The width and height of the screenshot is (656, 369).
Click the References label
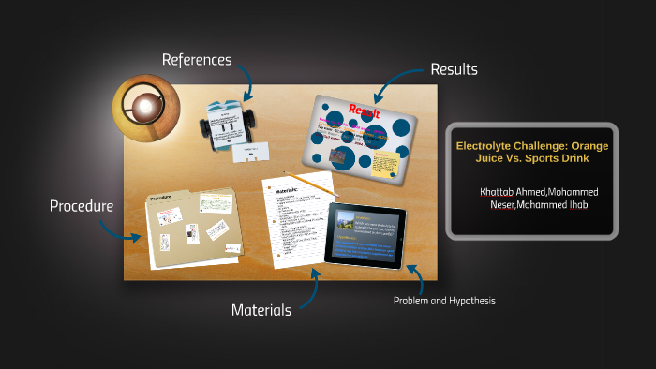pyautogui.click(x=196, y=60)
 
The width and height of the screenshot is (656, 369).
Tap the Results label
pyautogui.click(x=454, y=69)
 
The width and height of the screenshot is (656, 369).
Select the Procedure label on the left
pyautogui.click(x=82, y=205)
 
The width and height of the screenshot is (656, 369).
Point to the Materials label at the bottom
pyautogui.click(x=261, y=309)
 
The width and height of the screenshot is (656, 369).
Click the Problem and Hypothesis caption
pyautogui.click(x=444, y=302)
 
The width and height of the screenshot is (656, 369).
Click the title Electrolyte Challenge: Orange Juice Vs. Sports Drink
pyautogui.click(x=531, y=152)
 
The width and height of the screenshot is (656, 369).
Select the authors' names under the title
pyautogui.click(x=532, y=198)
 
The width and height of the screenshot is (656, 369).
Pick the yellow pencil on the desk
pyautogui.click(x=310, y=183)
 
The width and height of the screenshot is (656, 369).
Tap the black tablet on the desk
pyautogui.click(x=365, y=235)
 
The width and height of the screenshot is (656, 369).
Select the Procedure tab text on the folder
pyautogui.click(x=163, y=199)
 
